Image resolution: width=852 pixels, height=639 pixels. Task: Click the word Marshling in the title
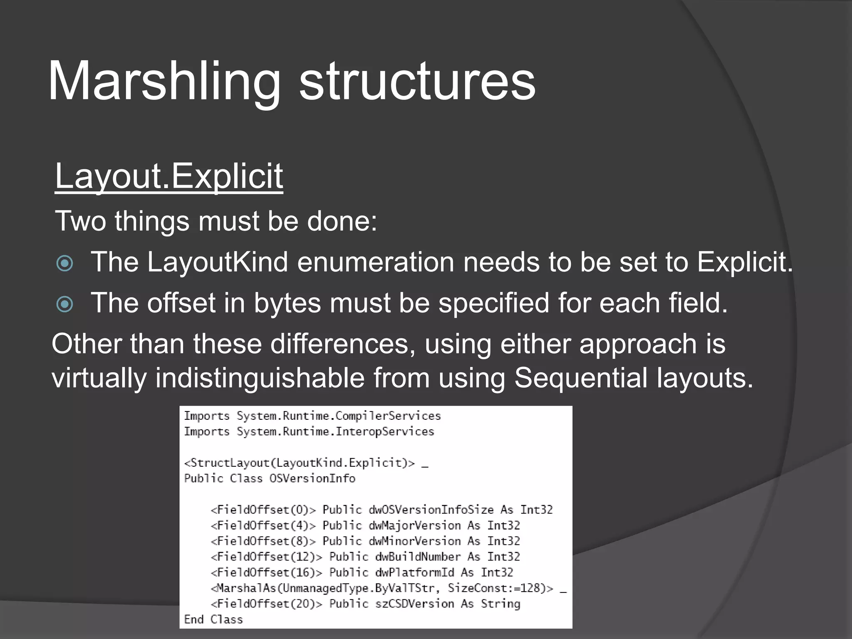165,81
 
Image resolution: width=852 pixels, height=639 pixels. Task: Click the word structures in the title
417,81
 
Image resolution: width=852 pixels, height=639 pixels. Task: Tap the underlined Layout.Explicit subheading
169,176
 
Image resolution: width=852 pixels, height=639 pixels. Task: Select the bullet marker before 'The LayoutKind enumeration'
65,263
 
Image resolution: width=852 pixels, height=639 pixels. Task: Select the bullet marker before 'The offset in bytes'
65,304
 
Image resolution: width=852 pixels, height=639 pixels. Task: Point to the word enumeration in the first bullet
376,262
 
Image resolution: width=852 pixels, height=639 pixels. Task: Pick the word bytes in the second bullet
287,303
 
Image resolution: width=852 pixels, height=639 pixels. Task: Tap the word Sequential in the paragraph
581,378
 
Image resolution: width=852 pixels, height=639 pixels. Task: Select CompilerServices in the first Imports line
388,416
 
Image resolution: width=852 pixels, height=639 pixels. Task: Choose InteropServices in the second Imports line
385,431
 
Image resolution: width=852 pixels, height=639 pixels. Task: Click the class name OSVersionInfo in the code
312,478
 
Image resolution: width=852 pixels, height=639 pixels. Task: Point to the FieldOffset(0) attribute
263,510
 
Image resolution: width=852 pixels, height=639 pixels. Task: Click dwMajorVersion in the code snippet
415,525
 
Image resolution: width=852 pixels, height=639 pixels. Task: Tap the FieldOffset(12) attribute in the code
267,557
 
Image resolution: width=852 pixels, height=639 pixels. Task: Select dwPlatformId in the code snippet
415,572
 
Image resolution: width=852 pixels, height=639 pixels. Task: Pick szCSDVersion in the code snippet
415,604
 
